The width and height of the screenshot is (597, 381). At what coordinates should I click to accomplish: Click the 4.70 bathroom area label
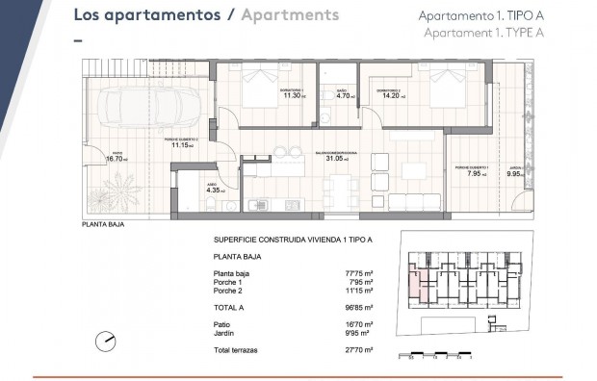pyautogui.click(x=344, y=95)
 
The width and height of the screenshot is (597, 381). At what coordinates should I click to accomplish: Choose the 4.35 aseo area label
pyautogui.click(x=215, y=190)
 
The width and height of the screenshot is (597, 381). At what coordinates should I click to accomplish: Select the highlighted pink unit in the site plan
pyautogui.click(x=415, y=282)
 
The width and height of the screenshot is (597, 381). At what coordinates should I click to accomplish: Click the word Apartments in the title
pyautogui.click(x=290, y=16)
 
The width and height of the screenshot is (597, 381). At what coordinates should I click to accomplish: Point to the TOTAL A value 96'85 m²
pyautogui.click(x=362, y=308)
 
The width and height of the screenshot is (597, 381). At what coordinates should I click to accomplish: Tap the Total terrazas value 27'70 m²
pyautogui.click(x=362, y=351)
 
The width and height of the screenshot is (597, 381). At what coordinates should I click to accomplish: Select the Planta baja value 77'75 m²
pyautogui.click(x=362, y=274)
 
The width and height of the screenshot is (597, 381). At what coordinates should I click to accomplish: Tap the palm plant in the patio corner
pyautogui.click(x=107, y=189)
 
